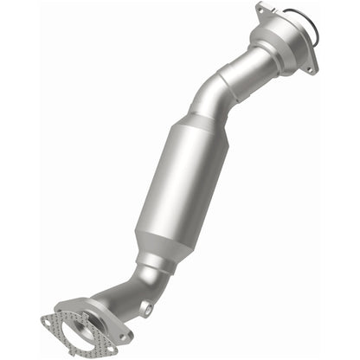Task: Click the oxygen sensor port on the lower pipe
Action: click(149, 307)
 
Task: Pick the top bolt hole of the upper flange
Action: click(260, 11)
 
